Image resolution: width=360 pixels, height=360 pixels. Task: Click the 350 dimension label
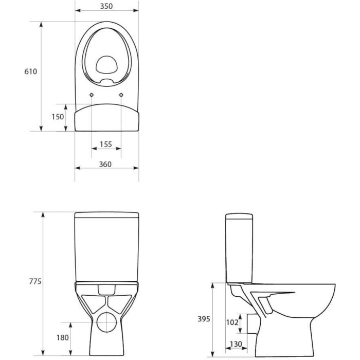(x=106, y=6)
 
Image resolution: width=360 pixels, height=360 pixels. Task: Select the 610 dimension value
(x=30, y=71)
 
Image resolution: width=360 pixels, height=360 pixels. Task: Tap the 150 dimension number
(x=58, y=117)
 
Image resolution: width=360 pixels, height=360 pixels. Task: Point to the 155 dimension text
(x=106, y=145)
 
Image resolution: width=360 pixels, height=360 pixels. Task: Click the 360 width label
(x=105, y=165)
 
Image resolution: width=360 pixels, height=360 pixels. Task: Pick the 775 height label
(x=35, y=281)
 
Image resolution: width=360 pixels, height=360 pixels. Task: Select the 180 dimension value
(x=62, y=338)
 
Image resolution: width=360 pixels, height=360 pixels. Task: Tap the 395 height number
(x=204, y=319)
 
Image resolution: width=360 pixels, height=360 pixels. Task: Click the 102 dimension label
(x=232, y=322)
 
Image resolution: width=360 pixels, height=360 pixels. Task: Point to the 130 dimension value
(x=236, y=344)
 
